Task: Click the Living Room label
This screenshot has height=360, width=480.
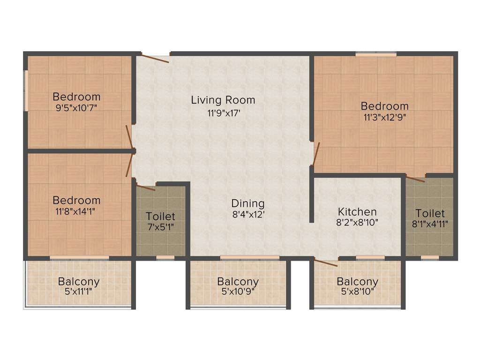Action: pyautogui.click(x=223, y=100)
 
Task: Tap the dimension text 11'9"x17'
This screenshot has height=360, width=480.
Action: pyautogui.click(x=223, y=112)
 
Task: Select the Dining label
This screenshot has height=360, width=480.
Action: pyautogui.click(x=248, y=203)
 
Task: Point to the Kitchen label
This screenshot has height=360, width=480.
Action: pyautogui.click(x=357, y=212)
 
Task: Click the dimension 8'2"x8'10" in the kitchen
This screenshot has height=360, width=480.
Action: pyautogui.click(x=357, y=224)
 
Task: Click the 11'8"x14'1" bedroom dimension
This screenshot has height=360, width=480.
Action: pyautogui.click(x=76, y=211)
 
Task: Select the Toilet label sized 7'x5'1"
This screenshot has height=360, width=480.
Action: pyautogui.click(x=161, y=217)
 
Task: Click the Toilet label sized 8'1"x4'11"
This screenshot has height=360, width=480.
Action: pyautogui.click(x=430, y=213)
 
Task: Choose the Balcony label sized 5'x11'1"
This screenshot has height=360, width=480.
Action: pyautogui.click(x=79, y=282)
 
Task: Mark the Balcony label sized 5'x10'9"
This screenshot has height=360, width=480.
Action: pyautogui.click(x=238, y=282)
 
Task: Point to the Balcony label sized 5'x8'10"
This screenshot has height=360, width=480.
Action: pyautogui.click(x=358, y=282)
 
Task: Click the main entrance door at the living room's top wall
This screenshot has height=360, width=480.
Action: pyautogui.click(x=155, y=58)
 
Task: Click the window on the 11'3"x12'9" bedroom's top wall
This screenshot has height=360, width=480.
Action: pyautogui.click(x=375, y=54)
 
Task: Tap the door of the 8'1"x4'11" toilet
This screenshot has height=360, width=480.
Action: pyautogui.click(x=415, y=178)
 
